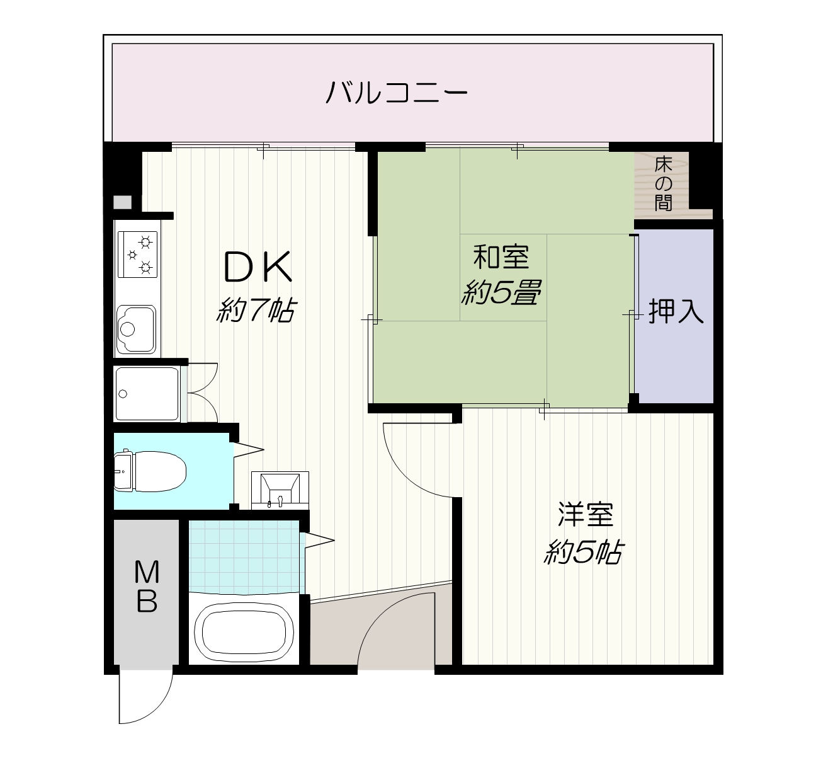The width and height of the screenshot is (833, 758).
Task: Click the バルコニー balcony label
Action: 397,92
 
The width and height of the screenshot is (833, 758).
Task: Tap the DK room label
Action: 258,267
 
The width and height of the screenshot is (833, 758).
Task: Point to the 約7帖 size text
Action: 256,310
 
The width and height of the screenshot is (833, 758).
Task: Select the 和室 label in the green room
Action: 501,257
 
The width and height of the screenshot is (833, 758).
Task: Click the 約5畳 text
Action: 501,292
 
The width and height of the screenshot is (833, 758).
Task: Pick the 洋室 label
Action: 585,515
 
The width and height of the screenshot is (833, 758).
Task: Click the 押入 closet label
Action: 676,311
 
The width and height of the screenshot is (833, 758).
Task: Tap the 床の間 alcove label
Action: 663,184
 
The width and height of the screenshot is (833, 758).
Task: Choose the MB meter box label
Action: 147,587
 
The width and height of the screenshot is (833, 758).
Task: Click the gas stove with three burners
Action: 137,254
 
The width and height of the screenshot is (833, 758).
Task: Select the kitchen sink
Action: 136,329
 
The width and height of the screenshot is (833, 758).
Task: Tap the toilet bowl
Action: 150,472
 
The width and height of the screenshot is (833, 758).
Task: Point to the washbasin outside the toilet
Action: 280,490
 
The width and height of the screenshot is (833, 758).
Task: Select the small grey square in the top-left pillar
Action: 123,202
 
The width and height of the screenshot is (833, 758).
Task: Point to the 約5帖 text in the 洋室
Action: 584,553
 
